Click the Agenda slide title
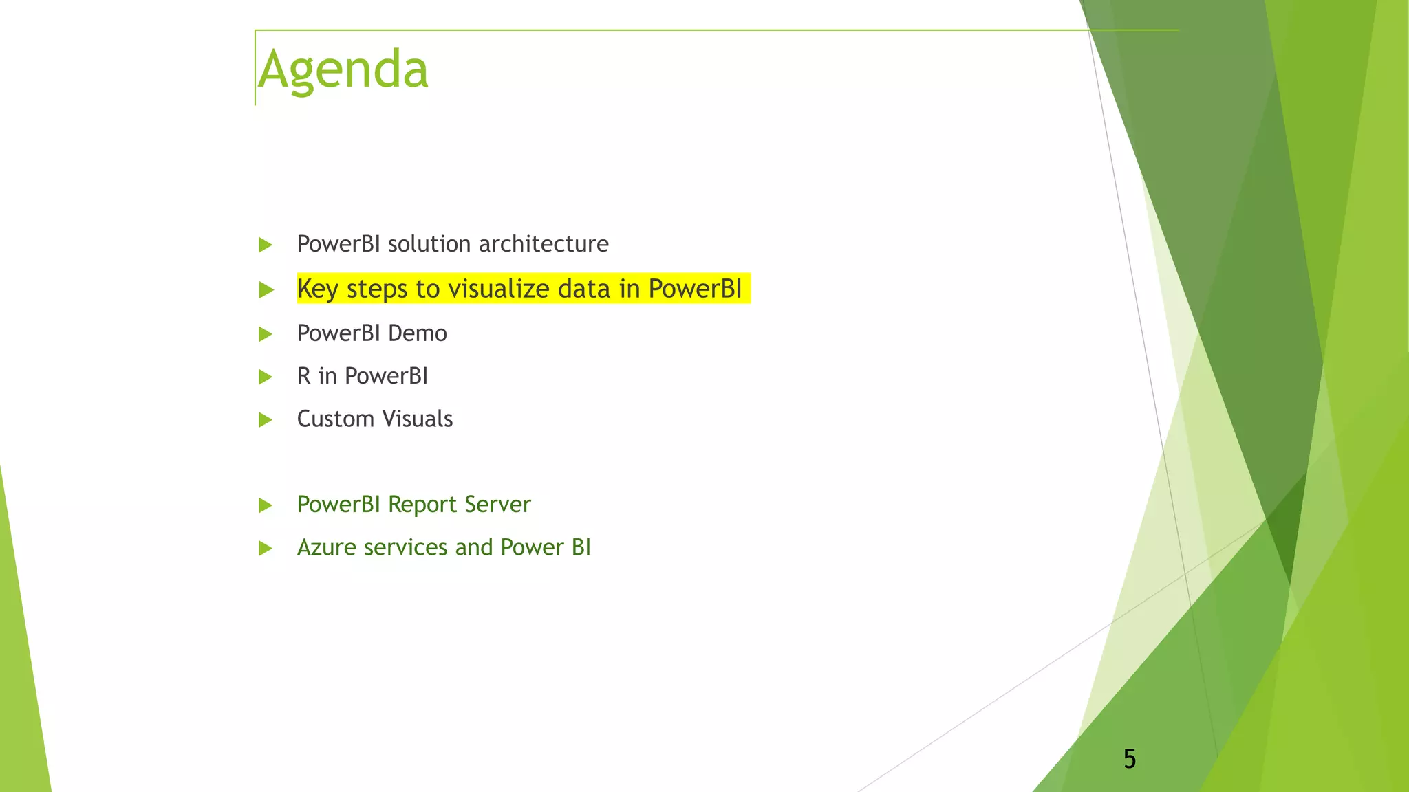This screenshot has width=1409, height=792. (343, 70)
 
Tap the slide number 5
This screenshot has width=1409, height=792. (1129, 759)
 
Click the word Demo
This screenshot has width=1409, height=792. (417, 333)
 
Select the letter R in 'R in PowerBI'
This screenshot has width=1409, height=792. (303, 376)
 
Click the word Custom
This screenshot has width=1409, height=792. (336, 419)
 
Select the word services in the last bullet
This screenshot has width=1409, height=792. (406, 547)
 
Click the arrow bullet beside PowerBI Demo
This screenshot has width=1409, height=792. (266, 335)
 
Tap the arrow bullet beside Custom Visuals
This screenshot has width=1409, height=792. (266, 420)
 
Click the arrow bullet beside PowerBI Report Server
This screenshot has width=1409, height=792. (266, 506)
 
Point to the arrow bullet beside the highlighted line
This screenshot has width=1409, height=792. (266, 290)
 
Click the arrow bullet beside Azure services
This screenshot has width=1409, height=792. (266, 549)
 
